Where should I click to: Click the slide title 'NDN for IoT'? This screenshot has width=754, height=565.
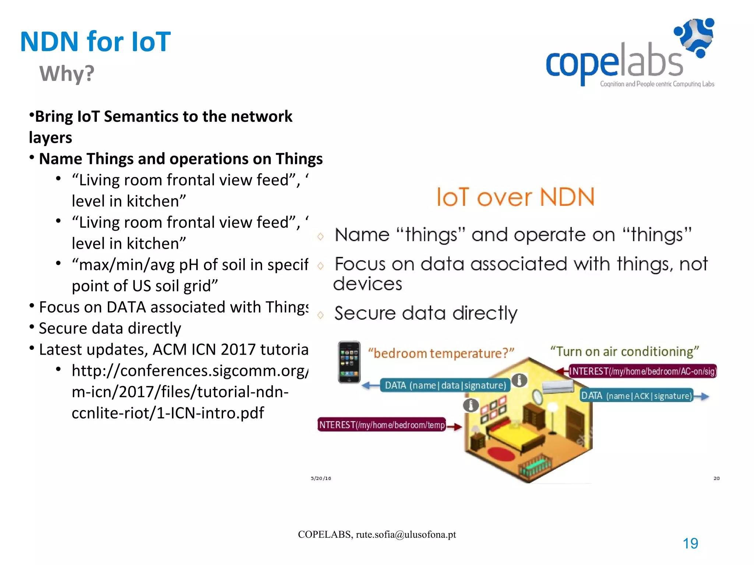pos(95,42)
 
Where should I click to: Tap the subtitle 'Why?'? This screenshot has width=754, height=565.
pos(67,74)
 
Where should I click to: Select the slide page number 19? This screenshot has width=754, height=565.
pos(690,543)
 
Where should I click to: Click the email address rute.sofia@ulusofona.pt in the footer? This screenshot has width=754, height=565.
pos(406,534)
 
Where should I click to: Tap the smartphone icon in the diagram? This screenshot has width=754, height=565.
pos(349,362)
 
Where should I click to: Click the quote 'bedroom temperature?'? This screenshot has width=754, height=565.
pos(441,353)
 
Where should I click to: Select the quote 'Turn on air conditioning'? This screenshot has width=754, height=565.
pos(624,351)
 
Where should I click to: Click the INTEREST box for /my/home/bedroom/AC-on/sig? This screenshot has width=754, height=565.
pos(642,371)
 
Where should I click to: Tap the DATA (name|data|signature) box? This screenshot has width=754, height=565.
pos(445,385)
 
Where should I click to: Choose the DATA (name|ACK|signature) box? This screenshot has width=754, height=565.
pos(637,396)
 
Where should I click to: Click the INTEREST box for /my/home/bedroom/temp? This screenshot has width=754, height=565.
pos(382,425)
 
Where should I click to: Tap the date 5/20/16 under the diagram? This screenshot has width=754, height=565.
pos(321,478)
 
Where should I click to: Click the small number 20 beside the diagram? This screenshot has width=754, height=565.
pos(716,478)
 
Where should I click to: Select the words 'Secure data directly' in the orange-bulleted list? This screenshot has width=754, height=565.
pos(426,313)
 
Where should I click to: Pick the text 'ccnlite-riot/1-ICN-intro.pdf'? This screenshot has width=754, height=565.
pos(168,413)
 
